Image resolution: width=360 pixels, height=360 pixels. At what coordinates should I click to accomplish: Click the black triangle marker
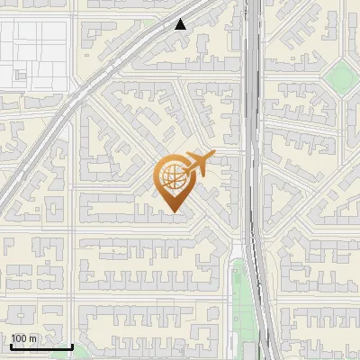[181, 24]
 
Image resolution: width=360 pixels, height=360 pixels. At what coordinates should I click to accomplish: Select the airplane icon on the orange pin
[197, 164]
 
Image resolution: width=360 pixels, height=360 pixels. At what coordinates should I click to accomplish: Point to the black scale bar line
[41, 347]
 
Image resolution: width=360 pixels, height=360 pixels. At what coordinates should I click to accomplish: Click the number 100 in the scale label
[21, 338]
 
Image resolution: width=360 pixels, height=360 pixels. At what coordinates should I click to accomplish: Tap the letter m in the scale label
[34, 338]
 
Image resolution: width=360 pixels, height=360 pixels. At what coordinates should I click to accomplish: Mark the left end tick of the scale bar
[11, 346]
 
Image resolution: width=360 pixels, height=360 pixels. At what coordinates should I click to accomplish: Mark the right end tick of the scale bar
[72, 346]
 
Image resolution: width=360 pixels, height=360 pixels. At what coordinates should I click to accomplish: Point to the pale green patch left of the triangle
[149, 24]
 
